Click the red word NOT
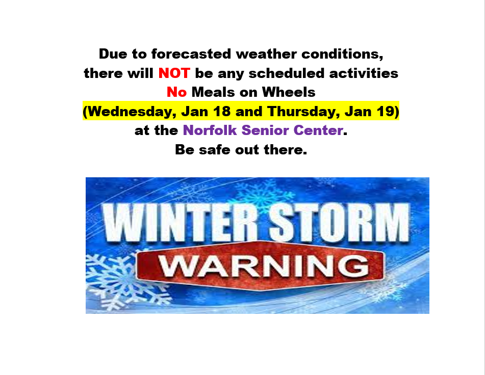pyautogui.click(x=174, y=73)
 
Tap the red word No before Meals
pyautogui.click(x=176, y=92)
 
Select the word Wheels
pyautogui.click(x=289, y=92)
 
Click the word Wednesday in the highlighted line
pyautogui.click(x=130, y=112)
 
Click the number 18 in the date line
pyautogui.click(x=221, y=111)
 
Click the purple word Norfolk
pyautogui.click(x=210, y=130)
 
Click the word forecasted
pyautogui.click(x=191, y=53)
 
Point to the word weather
pyautogui.click(x=266, y=54)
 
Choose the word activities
pyautogui.click(x=364, y=73)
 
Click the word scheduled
pyautogui.click(x=287, y=73)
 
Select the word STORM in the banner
pyautogui.click(x=339, y=223)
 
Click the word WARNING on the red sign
pyautogui.click(x=264, y=266)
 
